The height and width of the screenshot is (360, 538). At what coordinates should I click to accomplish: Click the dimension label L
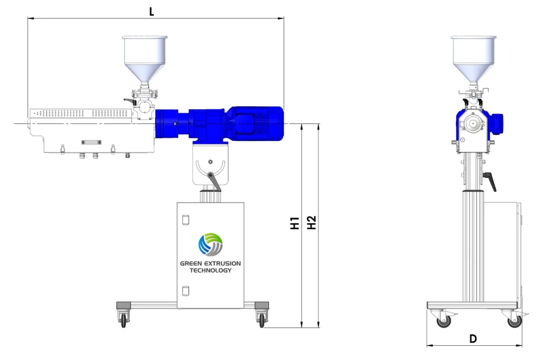[151, 11]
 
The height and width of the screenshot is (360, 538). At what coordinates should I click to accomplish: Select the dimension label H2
[312, 223]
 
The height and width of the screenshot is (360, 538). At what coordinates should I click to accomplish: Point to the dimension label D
[473, 339]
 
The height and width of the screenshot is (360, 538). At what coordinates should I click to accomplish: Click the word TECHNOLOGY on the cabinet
[210, 270]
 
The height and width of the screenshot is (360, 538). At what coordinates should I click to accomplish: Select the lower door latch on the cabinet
[184, 290]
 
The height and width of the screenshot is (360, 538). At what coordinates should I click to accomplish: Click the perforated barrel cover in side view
[81, 114]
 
